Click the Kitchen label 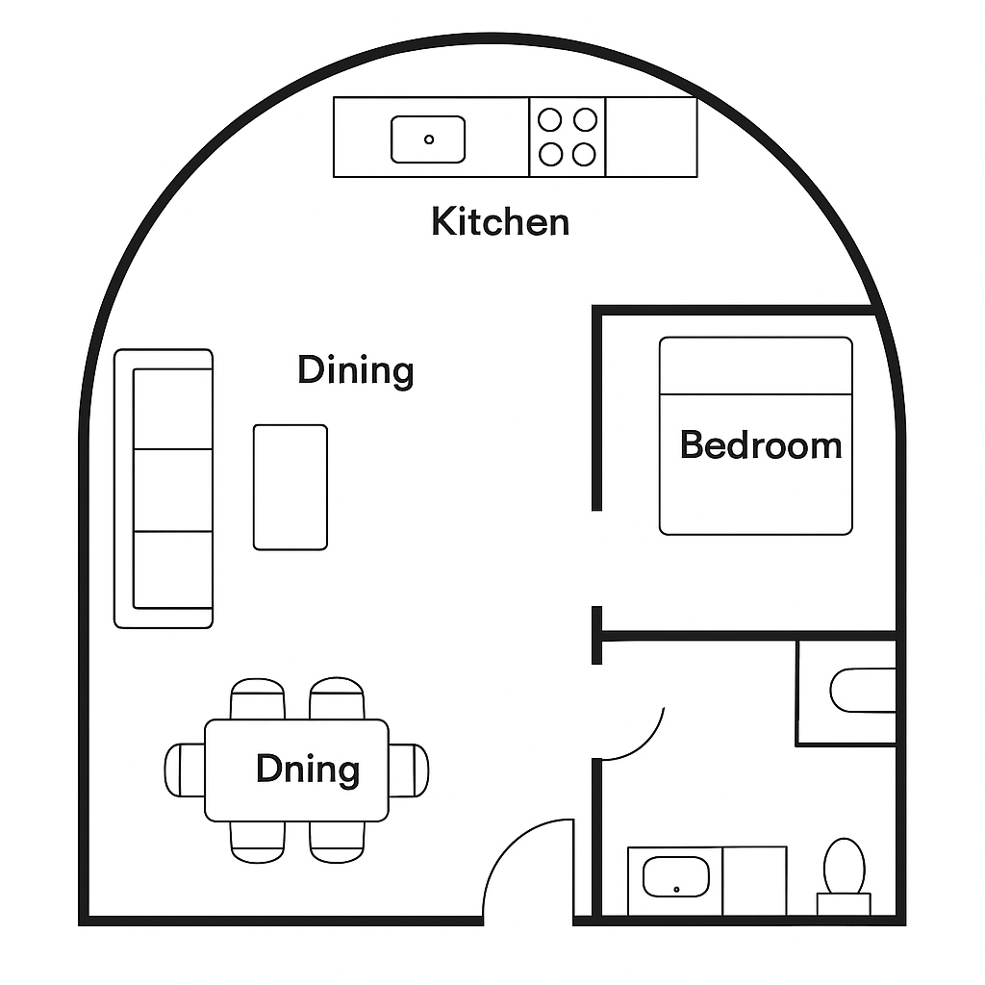[x=500, y=222]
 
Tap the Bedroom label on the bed [x=760, y=445]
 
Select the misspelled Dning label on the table [x=308, y=770]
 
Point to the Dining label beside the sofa [x=355, y=370]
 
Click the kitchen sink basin [x=428, y=139]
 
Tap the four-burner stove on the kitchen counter [x=568, y=137]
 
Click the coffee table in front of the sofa [x=290, y=488]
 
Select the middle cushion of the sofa [x=172, y=490]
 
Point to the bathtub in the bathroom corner [x=862, y=691]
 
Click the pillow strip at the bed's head [x=755, y=366]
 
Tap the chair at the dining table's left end [x=185, y=770]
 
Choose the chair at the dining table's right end [x=409, y=770]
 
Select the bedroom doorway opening [x=596, y=559]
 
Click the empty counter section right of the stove [x=651, y=137]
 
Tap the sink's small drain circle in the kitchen [x=429, y=139]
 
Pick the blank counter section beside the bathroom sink [x=755, y=880]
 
